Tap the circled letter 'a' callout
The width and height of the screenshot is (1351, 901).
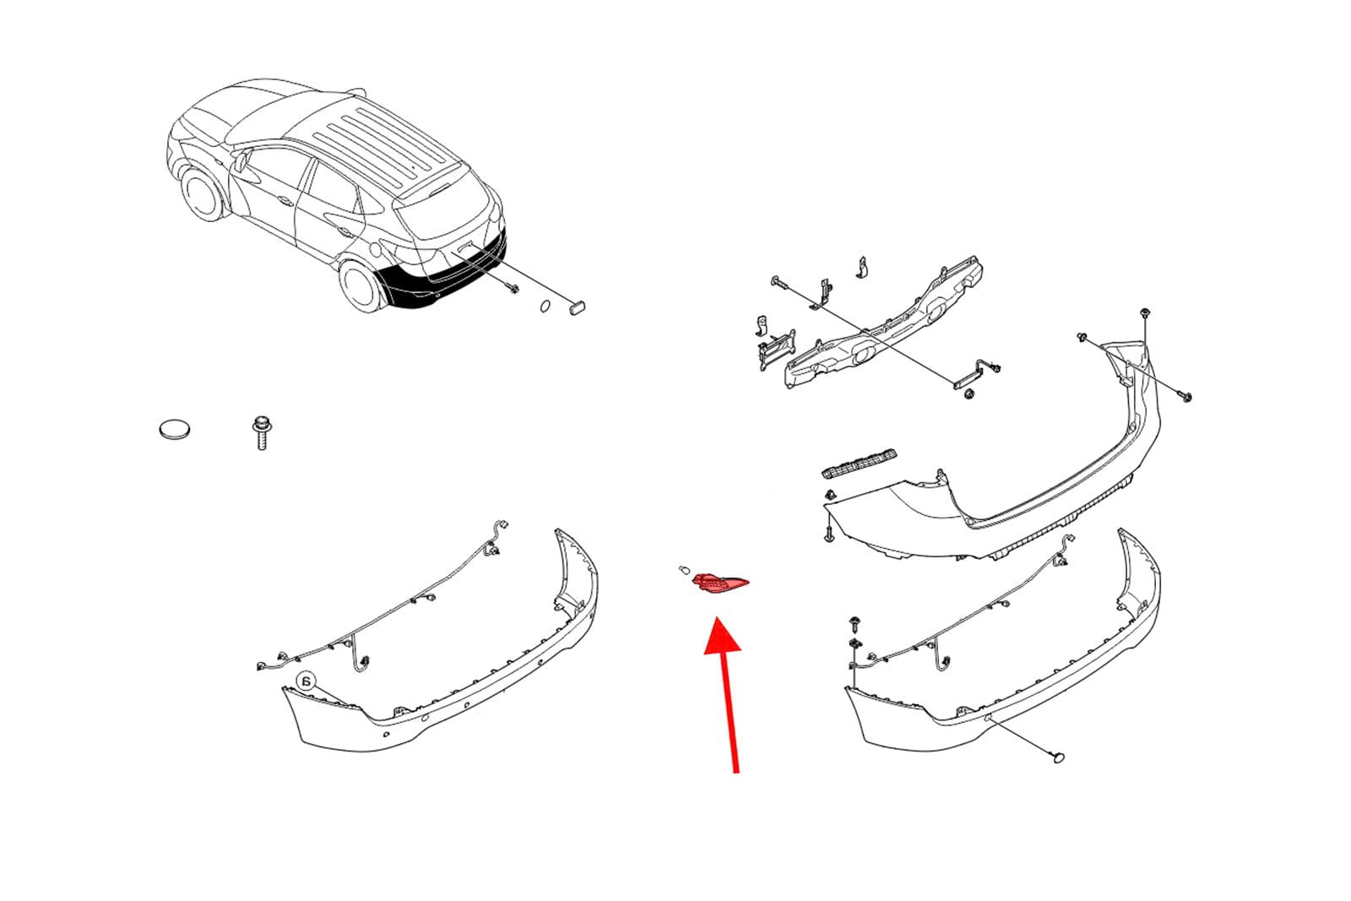point(307,682)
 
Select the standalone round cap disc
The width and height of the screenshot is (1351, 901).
point(175,429)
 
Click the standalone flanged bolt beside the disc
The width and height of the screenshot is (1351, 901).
point(261,432)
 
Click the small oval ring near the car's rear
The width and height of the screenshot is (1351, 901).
point(545,307)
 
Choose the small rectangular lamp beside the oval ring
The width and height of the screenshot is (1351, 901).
point(577,308)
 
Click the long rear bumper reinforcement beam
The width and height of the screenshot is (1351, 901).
point(882,323)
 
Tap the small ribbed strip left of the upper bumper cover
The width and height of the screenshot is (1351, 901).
point(860,463)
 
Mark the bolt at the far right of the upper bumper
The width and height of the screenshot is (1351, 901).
point(1186,397)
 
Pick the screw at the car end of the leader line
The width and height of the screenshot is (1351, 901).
point(513,288)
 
